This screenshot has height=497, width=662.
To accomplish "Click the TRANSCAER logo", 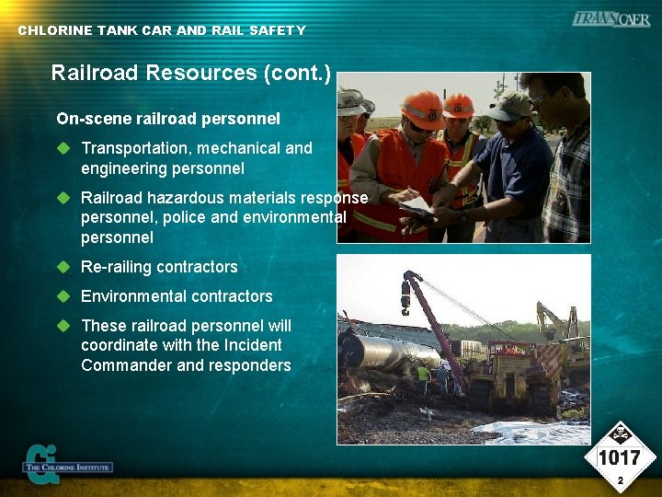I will click(611, 19).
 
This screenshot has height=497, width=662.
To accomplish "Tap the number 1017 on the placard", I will click(620, 458).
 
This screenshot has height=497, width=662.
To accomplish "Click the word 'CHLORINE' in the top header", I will click(55, 30).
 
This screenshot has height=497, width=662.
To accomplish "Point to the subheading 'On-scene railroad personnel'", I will click(168, 119).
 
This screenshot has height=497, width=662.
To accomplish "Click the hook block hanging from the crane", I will click(405, 292).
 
